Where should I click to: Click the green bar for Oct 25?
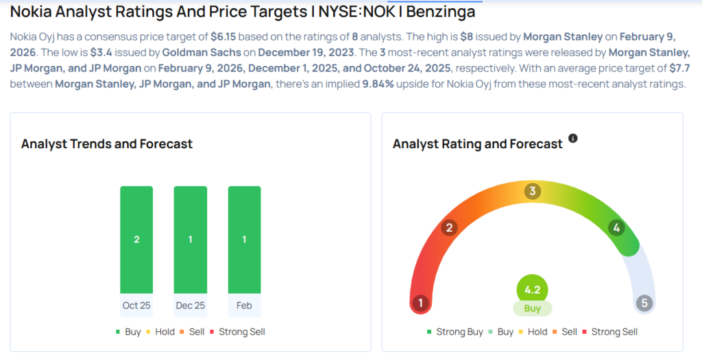pyautogui.click(x=136, y=239)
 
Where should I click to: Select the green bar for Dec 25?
pyautogui.click(x=190, y=239)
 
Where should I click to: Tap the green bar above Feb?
pyautogui.click(x=244, y=239)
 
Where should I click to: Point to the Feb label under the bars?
pyautogui.click(x=244, y=305)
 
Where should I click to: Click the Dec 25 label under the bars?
pyautogui.click(x=190, y=305)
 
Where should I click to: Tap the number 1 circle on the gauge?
pyautogui.click(x=420, y=303)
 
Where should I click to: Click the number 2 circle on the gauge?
pyautogui.click(x=450, y=228)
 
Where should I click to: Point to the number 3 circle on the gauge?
pyautogui.click(x=532, y=191)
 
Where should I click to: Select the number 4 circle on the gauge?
pyautogui.click(x=616, y=228)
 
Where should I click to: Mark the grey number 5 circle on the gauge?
pyautogui.click(x=644, y=303)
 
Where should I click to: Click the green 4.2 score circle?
pyautogui.click(x=533, y=289)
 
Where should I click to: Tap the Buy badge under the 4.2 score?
pyautogui.click(x=533, y=309)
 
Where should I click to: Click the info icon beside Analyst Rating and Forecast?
pyautogui.click(x=573, y=139)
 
